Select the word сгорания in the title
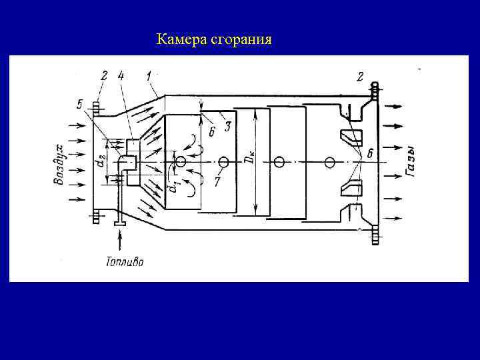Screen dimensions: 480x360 [x=241, y=40]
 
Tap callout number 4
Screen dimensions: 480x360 [x=121, y=76]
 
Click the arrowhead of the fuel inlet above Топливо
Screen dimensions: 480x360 [x=121, y=227]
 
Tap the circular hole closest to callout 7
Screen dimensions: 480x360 [x=223, y=163]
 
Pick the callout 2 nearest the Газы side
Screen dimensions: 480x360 [x=360, y=77]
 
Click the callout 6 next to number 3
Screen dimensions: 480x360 [x=211, y=131]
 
